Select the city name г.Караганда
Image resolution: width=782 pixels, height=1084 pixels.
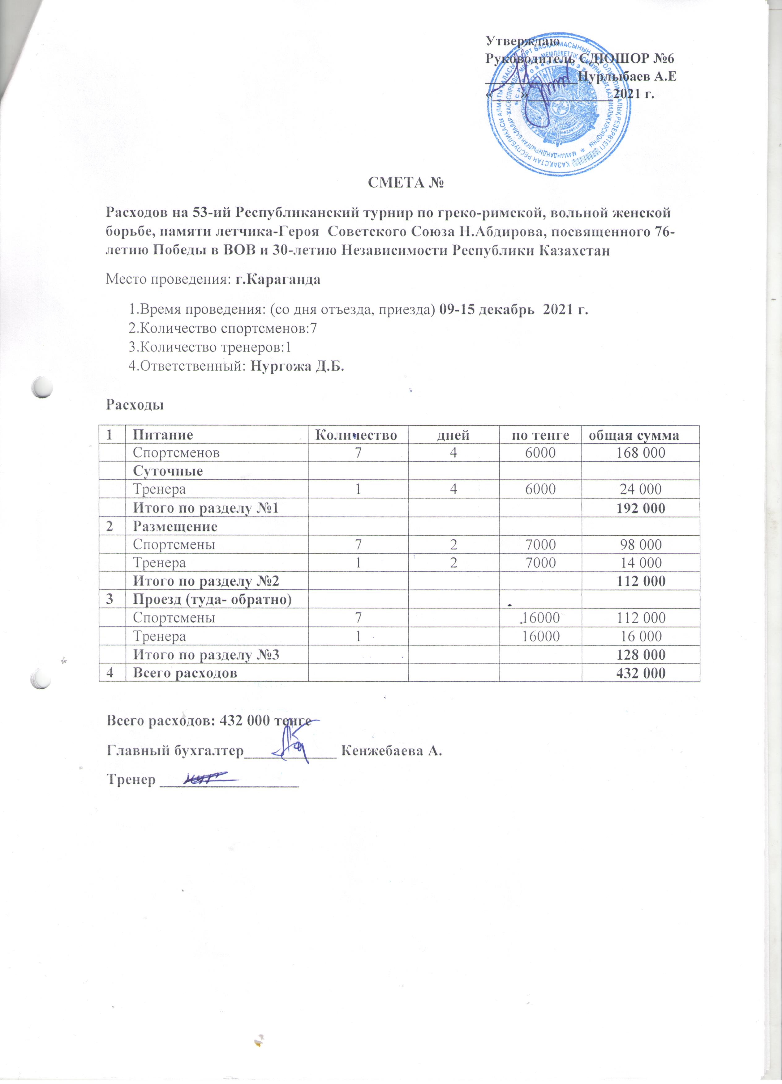click(278, 280)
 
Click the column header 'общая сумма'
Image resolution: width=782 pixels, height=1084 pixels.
click(640, 435)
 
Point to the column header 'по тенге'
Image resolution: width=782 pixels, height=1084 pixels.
click(540, 435)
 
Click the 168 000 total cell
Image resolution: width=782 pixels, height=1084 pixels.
click(640, 453)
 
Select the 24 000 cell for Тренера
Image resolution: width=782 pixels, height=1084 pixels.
click(640, 489)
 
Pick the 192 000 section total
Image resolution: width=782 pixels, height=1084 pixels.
click(640, 508)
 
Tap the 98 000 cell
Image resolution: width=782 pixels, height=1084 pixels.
click(640, 544)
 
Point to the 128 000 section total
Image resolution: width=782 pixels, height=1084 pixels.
click(640, 654)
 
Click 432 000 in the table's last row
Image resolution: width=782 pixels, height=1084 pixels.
click(640, 673)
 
